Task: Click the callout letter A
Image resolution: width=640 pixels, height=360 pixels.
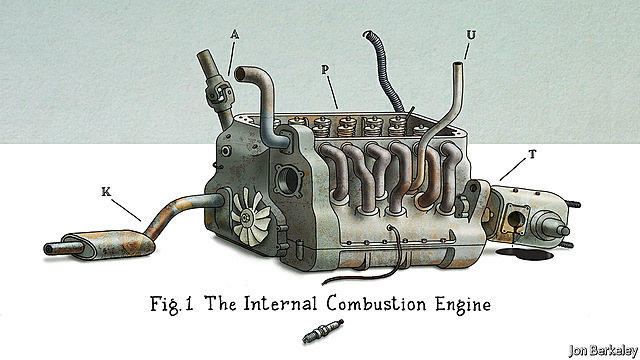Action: [x=233, y=34]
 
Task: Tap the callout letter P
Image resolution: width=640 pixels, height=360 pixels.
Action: [x=327, y=70]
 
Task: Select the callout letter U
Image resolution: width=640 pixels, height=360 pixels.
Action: [x=470, y=34]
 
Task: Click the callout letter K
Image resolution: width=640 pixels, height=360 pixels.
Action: [x=107, y=190]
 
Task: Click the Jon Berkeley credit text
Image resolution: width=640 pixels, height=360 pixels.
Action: [x=598, y=349]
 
